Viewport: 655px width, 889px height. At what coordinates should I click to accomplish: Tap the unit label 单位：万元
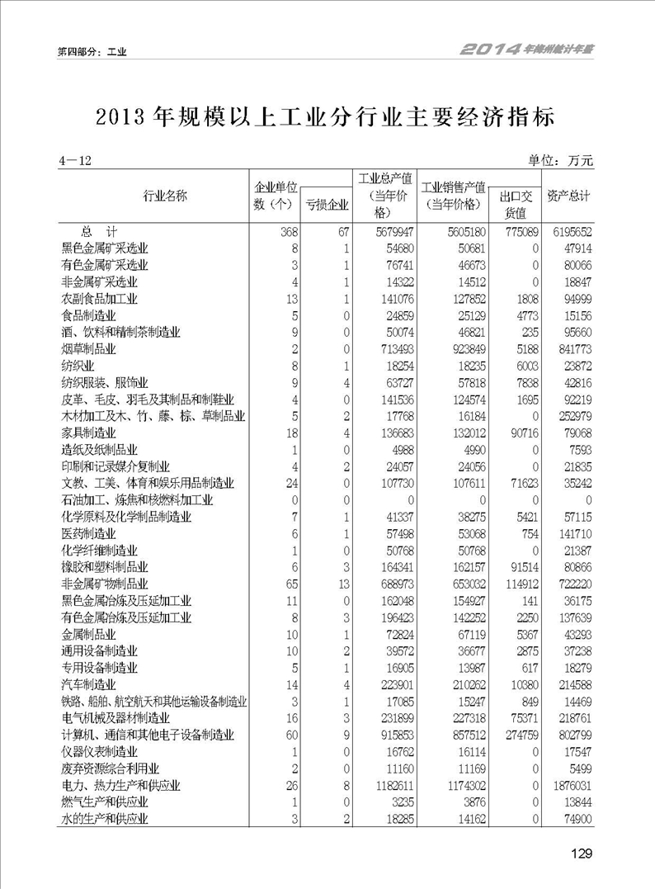560,160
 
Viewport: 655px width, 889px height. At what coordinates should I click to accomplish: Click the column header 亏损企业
327,204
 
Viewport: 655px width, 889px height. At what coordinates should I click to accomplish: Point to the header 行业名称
165,196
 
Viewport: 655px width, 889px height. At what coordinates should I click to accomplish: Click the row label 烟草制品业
89,349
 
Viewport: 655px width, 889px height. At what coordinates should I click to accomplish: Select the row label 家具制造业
89,433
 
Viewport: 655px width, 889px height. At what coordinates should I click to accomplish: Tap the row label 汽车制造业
89,684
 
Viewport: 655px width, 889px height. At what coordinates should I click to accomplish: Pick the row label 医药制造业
89,533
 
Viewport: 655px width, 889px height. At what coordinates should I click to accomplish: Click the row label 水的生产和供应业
105,819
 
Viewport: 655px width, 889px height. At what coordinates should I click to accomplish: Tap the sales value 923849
461,349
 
